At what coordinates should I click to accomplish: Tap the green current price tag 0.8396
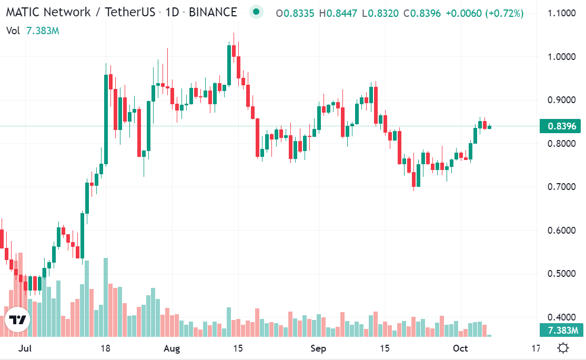pyautogui.click(x=561, y=126)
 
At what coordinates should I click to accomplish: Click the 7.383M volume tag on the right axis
pyautogui.click(x=561, y=331)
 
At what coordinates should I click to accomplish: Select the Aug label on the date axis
pyautogui.click(x=172, y=348)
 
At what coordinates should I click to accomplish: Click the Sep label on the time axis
pyautogui.click(x=318, y=348)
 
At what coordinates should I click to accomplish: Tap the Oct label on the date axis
pyautogui.click(x=460, y=348)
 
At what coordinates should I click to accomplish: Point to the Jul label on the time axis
pyautogui.click(x=24, y=348)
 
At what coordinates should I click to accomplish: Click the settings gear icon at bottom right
pyautogui.click(x=563, y=348)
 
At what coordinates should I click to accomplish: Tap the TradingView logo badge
pyautogui.click(x=18, y=320)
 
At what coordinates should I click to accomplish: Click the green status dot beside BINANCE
pyautogui.click(x=256, y=12)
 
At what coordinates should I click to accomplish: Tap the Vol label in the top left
pyautogui.click(x=14, y=31)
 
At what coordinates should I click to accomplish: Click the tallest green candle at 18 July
pyautogui.click(x=106, y=119)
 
